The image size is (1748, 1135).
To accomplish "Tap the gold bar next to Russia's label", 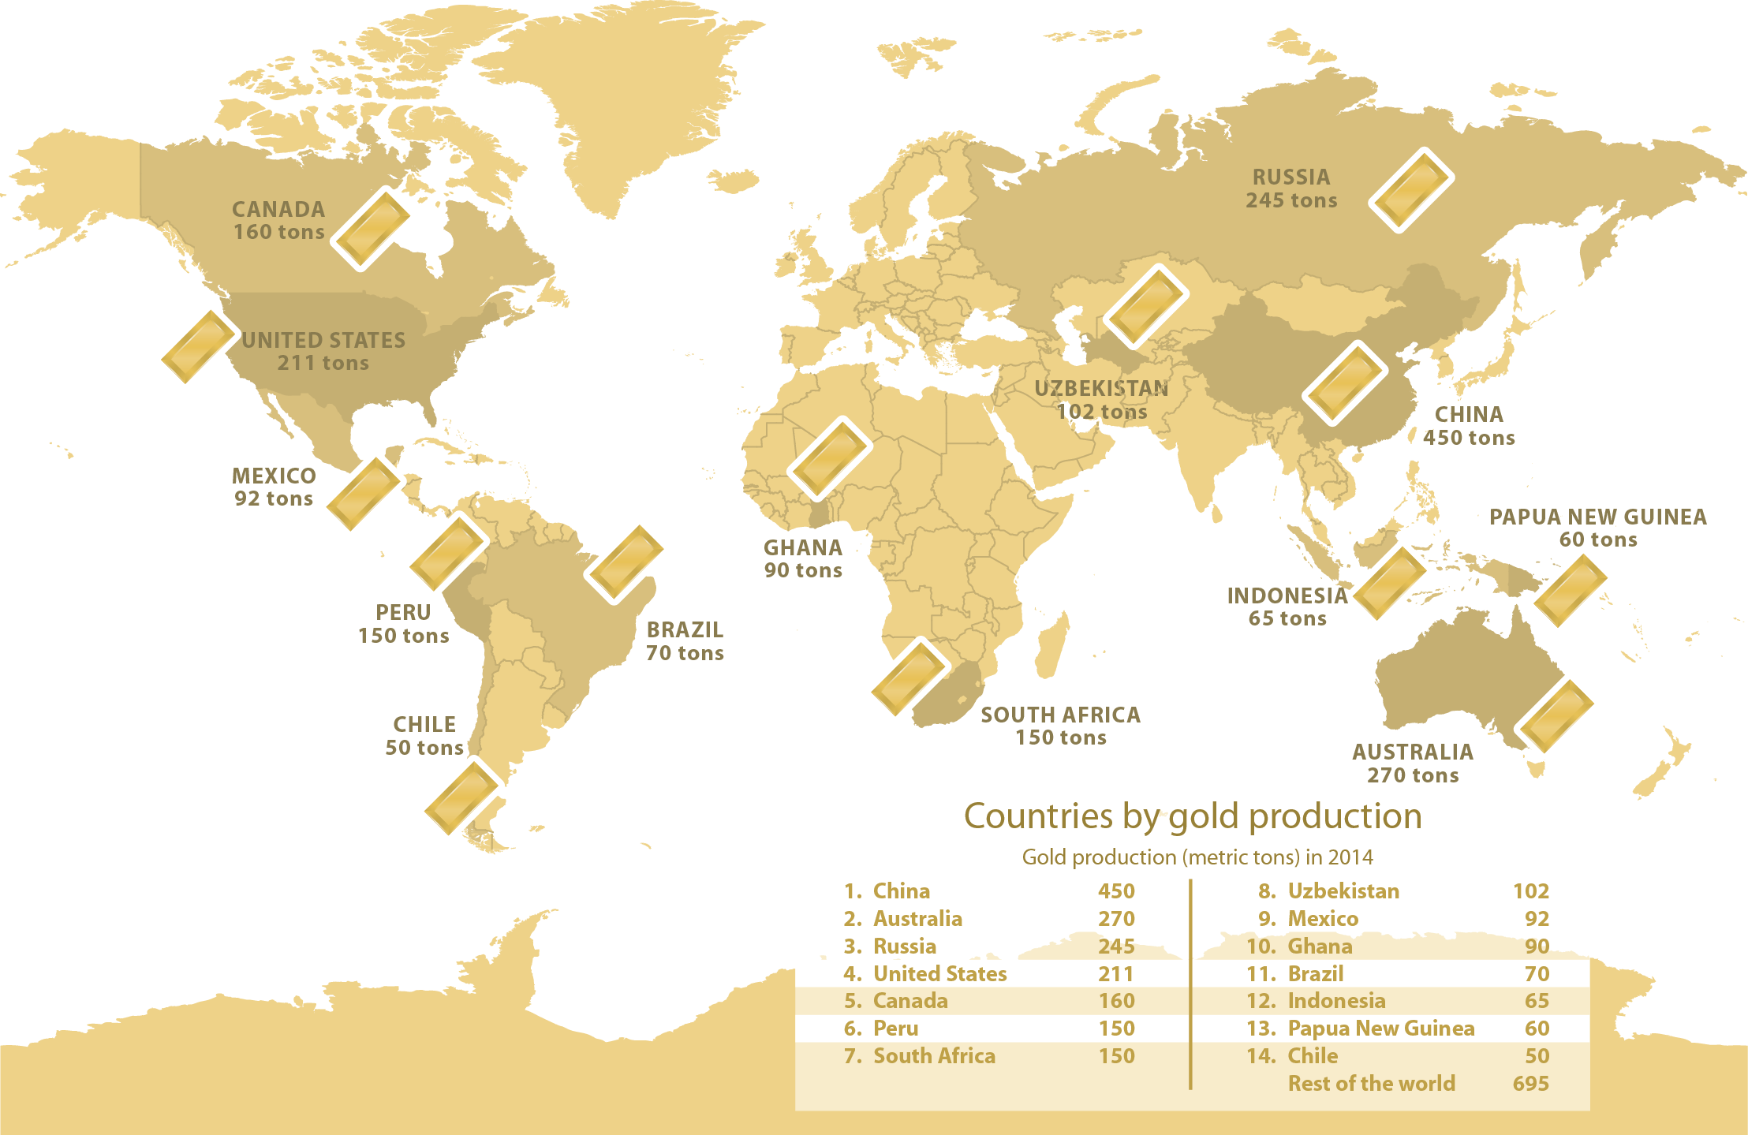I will point(1411,190).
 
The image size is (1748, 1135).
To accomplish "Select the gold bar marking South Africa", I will point(910,676).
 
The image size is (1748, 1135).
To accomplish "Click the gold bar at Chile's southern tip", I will point(464,797).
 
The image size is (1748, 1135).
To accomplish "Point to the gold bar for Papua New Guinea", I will point(1570,590).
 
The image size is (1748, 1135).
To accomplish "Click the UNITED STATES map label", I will point(323,340).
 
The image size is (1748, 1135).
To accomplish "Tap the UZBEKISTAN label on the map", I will point(1101,388).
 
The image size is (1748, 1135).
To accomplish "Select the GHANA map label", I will point(802,547).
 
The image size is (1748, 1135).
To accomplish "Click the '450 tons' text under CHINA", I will point(1469,438).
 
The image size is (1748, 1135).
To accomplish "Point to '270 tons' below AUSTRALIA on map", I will point(1413,775).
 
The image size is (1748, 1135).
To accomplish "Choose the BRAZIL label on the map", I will point(685,629).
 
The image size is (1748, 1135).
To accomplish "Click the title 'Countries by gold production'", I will point(1193,816).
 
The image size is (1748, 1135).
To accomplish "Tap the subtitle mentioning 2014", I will point(1197,857).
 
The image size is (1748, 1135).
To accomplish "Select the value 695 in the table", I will point(1530,1084).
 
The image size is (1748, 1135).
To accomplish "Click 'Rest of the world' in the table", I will point(1371,1084).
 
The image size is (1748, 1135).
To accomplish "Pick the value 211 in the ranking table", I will point(1116,974).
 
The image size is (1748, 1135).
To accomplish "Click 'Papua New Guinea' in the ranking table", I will point(1380,1029).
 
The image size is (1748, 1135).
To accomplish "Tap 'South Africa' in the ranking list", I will point(934,1056).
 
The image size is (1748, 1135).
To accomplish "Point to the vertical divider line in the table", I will point(1190,986).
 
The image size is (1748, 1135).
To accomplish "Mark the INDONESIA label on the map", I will point(1287,596).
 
